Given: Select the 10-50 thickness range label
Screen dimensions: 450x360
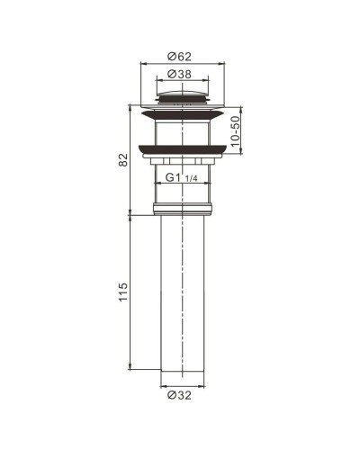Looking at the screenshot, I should (236, 131).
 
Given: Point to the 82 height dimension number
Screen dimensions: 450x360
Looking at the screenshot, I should (123, 159).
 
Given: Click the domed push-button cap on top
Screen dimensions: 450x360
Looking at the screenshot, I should (184, 94).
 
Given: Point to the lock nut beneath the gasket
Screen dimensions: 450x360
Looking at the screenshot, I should (184, 163).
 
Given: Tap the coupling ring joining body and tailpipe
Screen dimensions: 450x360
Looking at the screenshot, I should (184, 210).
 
